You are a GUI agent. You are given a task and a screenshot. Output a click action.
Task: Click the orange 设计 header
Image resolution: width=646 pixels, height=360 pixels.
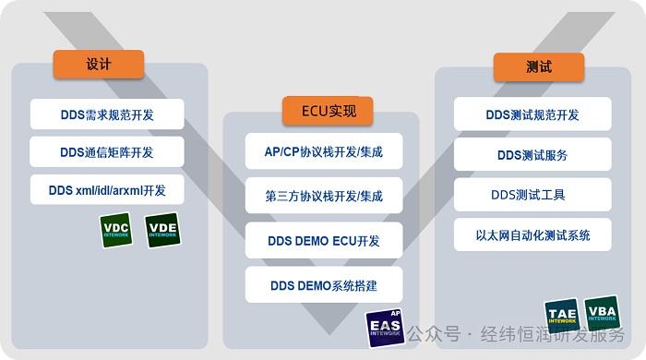pos(99,65)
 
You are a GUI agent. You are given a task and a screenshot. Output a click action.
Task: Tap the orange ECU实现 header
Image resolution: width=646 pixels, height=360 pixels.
pos(320,112)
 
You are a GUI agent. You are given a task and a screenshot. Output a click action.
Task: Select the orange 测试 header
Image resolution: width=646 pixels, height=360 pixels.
pos(538,66)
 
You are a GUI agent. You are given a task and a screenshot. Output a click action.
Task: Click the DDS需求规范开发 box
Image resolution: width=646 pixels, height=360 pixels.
pos(107,114)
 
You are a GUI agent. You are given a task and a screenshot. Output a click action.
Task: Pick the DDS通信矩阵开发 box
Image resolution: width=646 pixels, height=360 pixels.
pos(107,152)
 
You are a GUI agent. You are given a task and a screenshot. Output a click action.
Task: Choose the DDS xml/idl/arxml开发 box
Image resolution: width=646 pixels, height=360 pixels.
pos(107,190)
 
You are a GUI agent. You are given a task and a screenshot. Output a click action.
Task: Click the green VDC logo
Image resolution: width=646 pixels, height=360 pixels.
pos(116,231)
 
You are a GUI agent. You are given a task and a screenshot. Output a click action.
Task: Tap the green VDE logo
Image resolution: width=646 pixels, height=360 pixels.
pos(162,231)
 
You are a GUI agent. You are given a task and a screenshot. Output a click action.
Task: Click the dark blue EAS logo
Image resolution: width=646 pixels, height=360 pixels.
pos(385,328)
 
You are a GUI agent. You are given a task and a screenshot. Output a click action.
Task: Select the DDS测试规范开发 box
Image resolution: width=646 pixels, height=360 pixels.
pos(532,115)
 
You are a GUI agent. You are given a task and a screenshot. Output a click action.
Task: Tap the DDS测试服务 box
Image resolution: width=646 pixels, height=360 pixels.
pos(532,155)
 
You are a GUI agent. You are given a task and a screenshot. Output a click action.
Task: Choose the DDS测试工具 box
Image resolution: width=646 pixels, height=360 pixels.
pos(532,195)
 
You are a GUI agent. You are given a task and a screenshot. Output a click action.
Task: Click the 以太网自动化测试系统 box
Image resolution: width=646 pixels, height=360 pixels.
pos(532,235)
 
